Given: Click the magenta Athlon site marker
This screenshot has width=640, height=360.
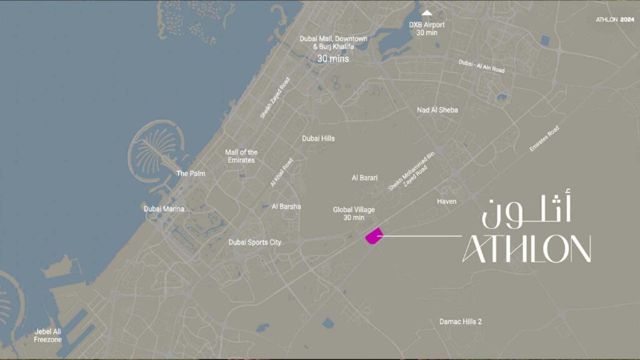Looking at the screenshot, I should pyautogui.click(x=373, y=236).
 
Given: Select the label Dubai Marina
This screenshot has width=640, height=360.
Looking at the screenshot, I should pyautogui.click(x=164, y=209).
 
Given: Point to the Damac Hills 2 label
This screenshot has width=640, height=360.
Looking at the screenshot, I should pyautogui.click(x=460, y=321).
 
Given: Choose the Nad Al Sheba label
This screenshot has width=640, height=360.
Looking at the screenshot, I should pyautogui.click(x=437, y=110).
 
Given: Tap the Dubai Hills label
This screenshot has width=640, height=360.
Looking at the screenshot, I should pyautogui.click(x=318, y=139).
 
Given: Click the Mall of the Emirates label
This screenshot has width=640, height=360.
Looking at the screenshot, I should pyautogui.click(x=241, y=156).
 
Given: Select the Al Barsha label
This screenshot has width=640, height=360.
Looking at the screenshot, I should pyautogui.click(x=286, y=206).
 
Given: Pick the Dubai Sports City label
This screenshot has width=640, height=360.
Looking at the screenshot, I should pyautogui.click(x=254, y=242).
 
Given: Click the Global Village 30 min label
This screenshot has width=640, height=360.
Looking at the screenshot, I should pyautogui.click(x=353, y=214).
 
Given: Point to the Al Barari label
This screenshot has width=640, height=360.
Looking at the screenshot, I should pyautogui.click(x=364, y=178).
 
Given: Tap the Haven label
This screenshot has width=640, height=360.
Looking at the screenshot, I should pyautogui.click(x=446, y=201).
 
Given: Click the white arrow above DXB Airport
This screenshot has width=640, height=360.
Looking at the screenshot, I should pyautogui.click(x=427, y=12).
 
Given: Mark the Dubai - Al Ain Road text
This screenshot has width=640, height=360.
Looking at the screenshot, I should pyautogui.click(x=481, y=66).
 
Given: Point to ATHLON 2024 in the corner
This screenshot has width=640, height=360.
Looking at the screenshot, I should pyautogui.click(x=614, y=19).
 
